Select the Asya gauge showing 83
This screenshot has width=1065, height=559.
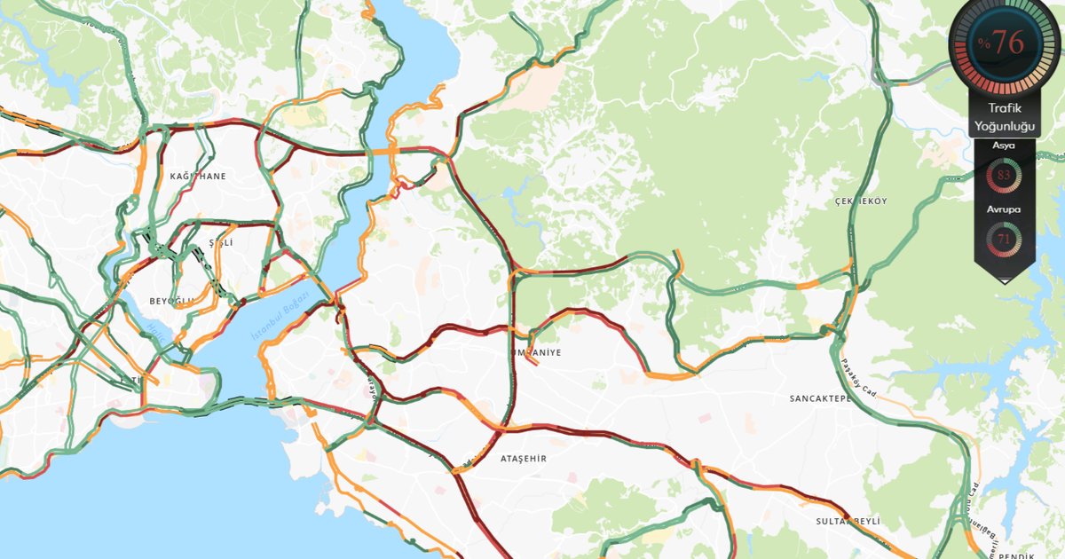tap(1004, 175)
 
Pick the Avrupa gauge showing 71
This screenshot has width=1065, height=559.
tap(1004, 238)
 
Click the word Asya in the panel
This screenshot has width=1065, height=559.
tap(1004, 145)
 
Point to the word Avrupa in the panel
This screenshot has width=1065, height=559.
tap(1004, 209)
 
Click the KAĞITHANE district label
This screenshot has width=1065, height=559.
tap(198, 177)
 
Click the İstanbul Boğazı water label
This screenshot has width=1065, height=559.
tap(280, 317)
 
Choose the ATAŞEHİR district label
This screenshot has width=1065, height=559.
tap(524, 459)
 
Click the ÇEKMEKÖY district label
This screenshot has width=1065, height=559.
tap(860, 201)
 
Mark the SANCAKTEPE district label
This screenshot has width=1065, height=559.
tap(820, 399)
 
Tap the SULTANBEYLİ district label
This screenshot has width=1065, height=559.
tap(848, 522)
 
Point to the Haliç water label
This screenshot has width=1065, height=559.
tap(157, 332)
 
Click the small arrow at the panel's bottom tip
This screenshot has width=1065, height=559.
tap(1005, 280)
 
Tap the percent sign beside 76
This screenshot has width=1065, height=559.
tap(983, 43)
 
